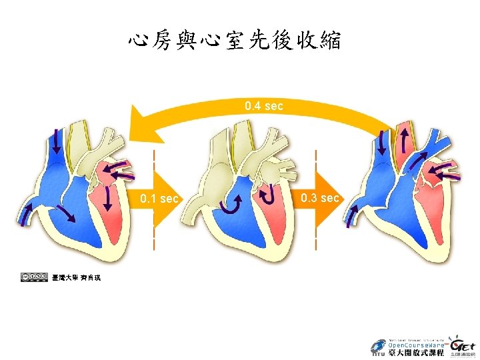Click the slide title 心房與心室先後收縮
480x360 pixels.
[235, 41]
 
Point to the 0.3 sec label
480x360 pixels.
[320, 198]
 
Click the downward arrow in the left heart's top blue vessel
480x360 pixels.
[56, 139]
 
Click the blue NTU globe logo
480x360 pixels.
[378, 348]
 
